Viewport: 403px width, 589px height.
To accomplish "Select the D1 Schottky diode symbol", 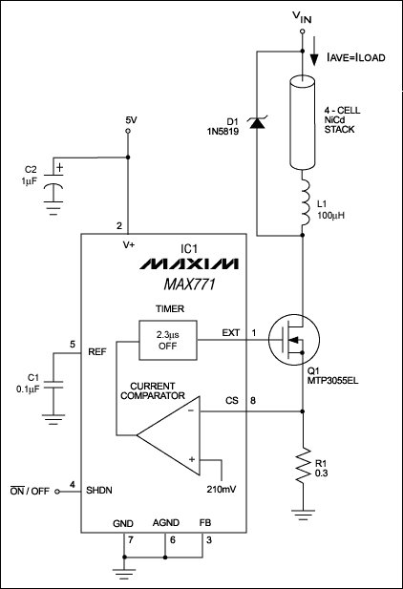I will pos(258,122).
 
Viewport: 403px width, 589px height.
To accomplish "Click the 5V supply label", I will pos(132,120).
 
